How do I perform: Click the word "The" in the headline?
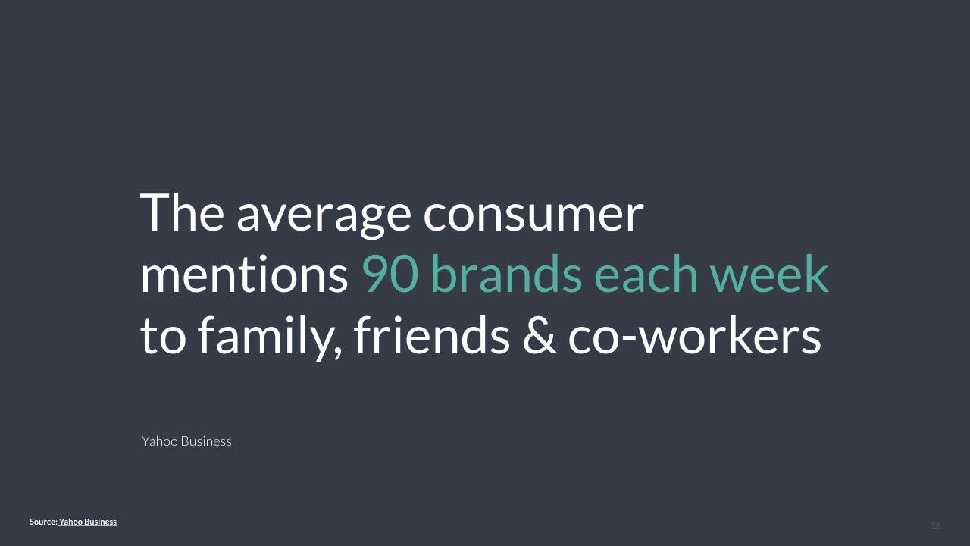point(182,213)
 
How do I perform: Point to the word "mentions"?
point(244,274)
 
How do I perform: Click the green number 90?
point(390,274)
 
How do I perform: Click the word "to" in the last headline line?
point(163,337)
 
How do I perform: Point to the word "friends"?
point(431,334)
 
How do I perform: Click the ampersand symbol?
point(539,335)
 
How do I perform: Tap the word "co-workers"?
point(694,334)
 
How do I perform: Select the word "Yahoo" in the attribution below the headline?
point(160,441)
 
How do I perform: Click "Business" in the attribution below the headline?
point(206,441)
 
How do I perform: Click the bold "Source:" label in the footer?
point(43,522)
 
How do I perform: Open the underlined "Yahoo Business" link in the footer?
point(87,522)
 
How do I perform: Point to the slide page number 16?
point(936,526)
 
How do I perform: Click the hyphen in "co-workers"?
point(630,339)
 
